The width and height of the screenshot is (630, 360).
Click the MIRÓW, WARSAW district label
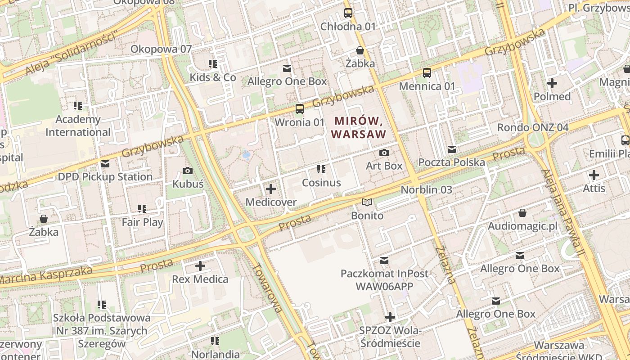359,127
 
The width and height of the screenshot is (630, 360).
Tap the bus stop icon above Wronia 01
299,109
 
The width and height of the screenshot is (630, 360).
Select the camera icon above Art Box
384,153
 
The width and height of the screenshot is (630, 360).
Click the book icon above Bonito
367,202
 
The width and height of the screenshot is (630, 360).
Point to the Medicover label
270,202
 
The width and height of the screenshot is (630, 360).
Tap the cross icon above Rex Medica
200,266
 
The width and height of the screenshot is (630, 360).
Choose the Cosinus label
321,183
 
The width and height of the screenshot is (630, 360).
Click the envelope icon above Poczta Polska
452,149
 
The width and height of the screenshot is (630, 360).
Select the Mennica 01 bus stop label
427,86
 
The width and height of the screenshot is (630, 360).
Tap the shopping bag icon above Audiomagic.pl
522,212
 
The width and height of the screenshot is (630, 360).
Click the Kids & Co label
212,77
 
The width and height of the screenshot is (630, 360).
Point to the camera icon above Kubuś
188,171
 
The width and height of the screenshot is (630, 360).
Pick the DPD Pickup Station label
105,177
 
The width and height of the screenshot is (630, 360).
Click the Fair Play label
142,222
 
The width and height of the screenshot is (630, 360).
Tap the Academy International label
78,126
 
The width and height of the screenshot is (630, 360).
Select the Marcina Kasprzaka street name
45,276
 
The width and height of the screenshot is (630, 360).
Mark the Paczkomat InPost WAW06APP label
384,279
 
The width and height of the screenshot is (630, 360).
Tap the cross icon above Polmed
552,83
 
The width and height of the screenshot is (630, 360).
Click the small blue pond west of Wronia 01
246,155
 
